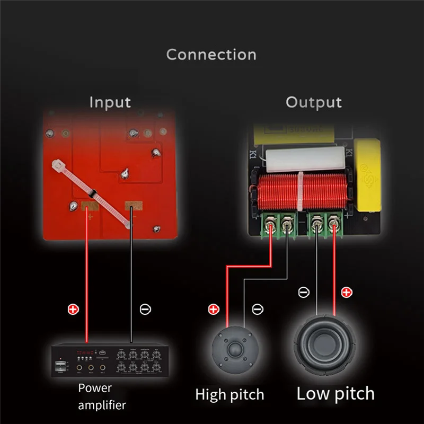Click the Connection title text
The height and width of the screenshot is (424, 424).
(x=211, y=55)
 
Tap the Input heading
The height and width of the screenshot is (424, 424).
(x=110, y=102)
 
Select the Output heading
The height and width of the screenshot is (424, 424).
(x=314, y=102)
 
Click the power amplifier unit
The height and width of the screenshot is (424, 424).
(x=107, y=361)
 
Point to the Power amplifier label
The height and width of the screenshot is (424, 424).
(x=102, y=396)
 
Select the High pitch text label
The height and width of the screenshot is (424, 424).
(x=229, y=395)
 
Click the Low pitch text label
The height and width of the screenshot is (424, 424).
(x=335, y=394)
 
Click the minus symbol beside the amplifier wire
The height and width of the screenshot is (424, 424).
(x=145, y=308)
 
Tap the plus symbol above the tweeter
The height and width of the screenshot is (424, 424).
(x=214, y=308)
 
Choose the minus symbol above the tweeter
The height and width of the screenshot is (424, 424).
(x=258, y=308)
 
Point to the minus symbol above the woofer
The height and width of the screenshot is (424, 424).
(x=304, y=292)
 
